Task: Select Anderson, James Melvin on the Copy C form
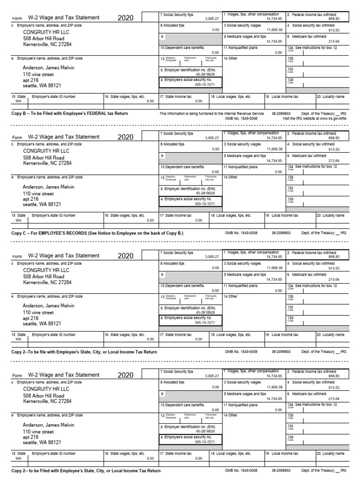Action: [x=49, y=187]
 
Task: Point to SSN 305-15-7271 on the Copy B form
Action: [x=205, y=84]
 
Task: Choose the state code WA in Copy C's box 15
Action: [x=18, y=220]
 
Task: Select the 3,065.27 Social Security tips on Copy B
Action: [x=212, y=19]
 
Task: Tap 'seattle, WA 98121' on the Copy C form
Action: [x=42, y=204]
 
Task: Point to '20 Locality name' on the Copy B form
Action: [x=330, y=97]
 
